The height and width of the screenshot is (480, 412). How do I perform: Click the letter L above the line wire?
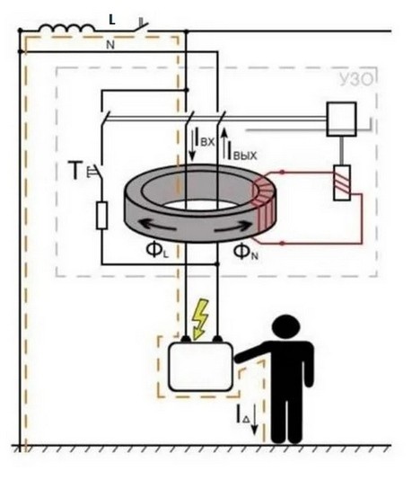pyautogui.click(x=112, y=20)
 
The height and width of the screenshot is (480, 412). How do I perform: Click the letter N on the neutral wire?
pyautogui.click(x=110, y=45)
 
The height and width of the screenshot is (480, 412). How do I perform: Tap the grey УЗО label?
pyautogui.click(x=356, y=79)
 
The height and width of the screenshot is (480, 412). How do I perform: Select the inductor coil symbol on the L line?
pyautogui.click(x=66, y=28)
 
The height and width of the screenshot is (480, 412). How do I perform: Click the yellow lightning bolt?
pyautogui.click(x=200, y=319)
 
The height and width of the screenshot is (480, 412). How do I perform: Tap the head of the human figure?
pyautogui.click(x=286, y=327)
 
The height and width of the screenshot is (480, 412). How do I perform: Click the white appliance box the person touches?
pyautogui.click(x=201, y=367)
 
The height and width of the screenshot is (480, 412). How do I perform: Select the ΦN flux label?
pyautogui.click(x=245, y=253)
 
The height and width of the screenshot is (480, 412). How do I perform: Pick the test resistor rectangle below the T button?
pyautogui.click(x=101, y=216)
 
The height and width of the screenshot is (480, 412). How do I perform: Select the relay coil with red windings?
pyautogui.click(x=342, y=182)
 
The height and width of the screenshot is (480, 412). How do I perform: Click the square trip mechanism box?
pyautogui.click(x=342, y=119)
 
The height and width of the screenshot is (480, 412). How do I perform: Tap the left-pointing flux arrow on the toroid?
pyautogui.click(x=158, y=225)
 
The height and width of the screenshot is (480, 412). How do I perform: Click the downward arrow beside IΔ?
pyautogui.click(x=254, y=419)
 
